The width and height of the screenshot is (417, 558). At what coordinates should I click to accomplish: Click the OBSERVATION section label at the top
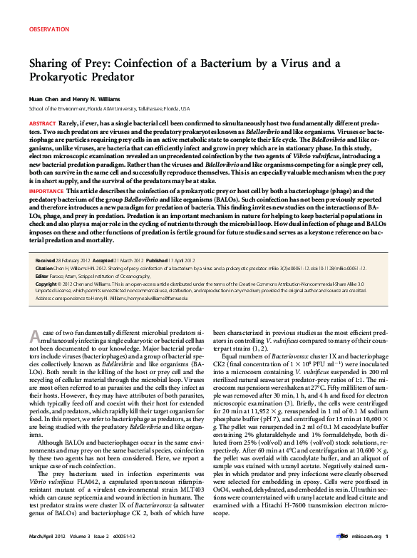coord(49,29)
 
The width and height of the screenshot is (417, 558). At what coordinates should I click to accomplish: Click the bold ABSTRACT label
coord(42,124)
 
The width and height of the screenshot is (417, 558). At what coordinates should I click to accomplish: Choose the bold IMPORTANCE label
coord(46,191)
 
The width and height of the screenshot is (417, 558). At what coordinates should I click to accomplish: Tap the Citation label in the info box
coord(46,269)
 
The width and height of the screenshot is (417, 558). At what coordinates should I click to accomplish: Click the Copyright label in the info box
coord(47,284)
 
